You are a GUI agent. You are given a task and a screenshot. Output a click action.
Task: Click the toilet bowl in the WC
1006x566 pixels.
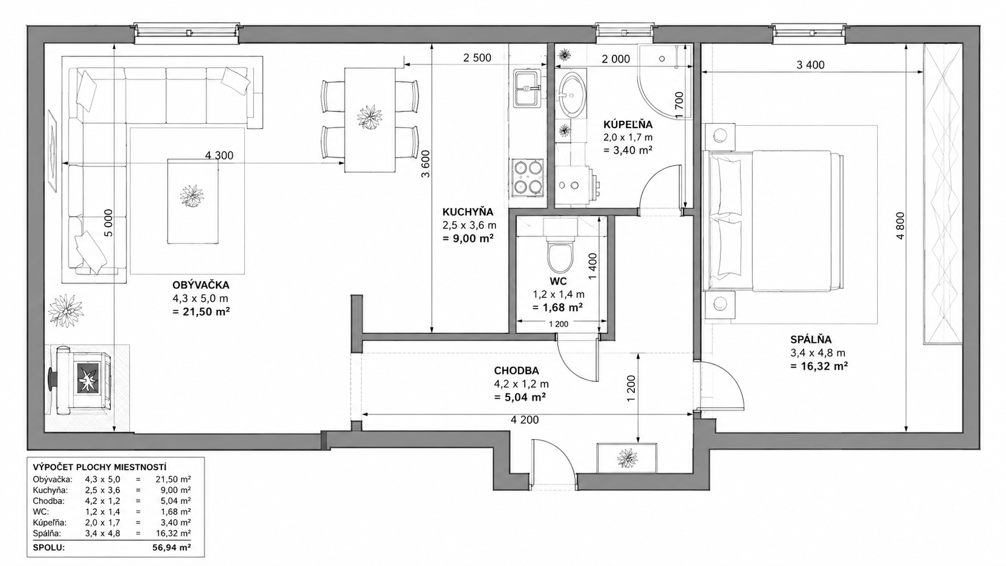560,257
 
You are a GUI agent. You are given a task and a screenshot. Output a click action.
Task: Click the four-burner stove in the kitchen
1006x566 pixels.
527,178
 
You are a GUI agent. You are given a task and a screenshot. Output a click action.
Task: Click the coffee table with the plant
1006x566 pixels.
193,201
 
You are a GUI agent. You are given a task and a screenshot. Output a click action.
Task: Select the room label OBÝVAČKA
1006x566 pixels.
201,285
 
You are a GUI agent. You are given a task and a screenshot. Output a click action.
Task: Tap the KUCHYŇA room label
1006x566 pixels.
468,211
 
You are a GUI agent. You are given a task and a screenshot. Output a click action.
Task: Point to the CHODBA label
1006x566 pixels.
516,371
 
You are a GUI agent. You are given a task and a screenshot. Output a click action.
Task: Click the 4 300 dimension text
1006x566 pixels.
219,156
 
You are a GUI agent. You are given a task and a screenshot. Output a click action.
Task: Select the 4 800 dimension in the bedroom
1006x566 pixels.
900,226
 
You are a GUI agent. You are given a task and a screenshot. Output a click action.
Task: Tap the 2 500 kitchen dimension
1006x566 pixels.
477,58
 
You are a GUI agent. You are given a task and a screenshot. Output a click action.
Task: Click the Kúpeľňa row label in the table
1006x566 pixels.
50,523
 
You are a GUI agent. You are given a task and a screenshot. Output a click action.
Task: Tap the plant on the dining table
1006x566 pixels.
370,118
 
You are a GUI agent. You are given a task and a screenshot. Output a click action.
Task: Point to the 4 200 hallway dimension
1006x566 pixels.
525,420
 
